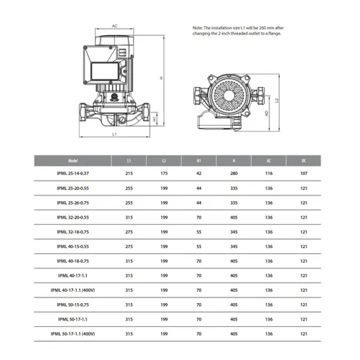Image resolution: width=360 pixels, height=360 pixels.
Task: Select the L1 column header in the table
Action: [x=129, y=160]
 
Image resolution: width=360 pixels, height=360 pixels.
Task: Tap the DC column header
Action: [x=303, y=160]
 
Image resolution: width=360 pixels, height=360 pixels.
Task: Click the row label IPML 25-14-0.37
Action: [x=69, y=174]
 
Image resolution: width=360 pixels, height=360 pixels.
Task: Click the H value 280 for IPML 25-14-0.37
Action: [x=234, y=174]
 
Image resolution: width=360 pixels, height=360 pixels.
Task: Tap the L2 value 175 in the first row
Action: [x=164, y=174]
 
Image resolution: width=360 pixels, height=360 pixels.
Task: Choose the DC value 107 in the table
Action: [x=303, y=174]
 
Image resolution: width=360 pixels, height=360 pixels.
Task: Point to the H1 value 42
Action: [x=199, y=174]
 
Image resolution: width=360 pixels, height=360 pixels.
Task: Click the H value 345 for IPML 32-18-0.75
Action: [x=234, y=231]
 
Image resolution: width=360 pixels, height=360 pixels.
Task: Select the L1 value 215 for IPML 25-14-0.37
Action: [x=129, y=174]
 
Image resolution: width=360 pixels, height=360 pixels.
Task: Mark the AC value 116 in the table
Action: [x=269, y=174]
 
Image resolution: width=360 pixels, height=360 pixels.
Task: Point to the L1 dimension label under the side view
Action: [x=115, y=134]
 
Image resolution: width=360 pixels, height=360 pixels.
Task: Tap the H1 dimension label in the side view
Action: [x=155, y=119]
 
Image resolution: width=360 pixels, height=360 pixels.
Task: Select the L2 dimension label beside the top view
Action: [x=278, y=100]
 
